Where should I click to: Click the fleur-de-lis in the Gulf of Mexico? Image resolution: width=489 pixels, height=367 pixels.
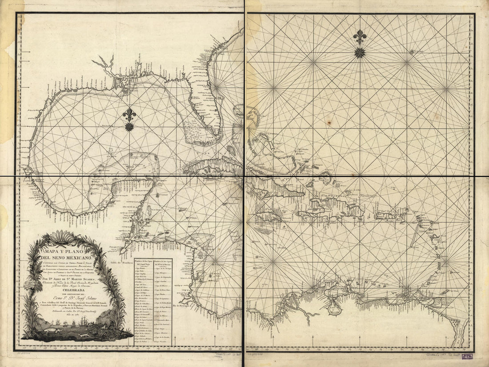129,115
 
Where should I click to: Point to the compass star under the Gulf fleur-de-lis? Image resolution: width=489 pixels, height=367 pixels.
129,127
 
